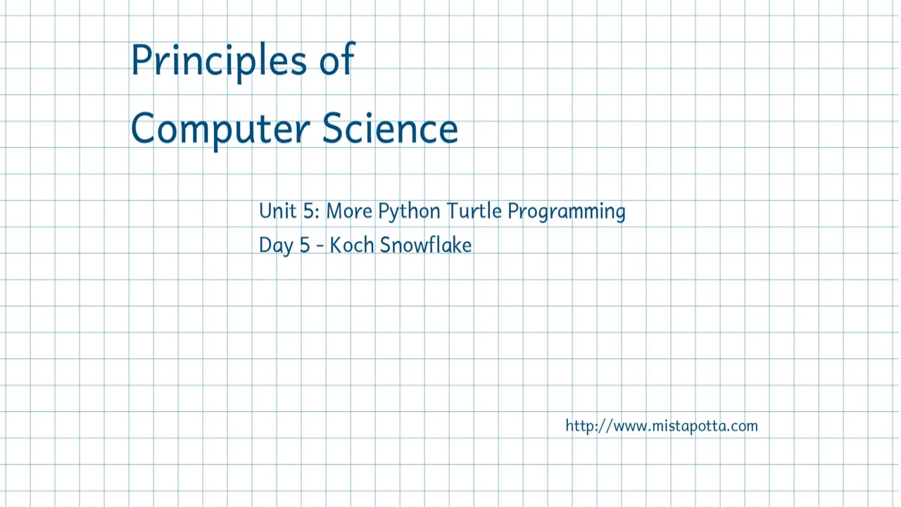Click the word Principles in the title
pyautogui.click(x=218, y=61)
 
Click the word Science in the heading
pyautogui.click(x=390, y=128)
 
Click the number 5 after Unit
pyautogui.click(x=308, y=211)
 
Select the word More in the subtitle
pyautogui.click(x=348, y=211)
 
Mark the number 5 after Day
pyautogui.click(x=304, y=245)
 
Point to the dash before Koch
pyautogui.click(x=320, y=246)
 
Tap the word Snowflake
pyautogui.click(x=425, y=245)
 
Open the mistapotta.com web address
pyautogui.click(x=661, y=426)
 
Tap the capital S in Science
pyautogui.click(x=333, y=128)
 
